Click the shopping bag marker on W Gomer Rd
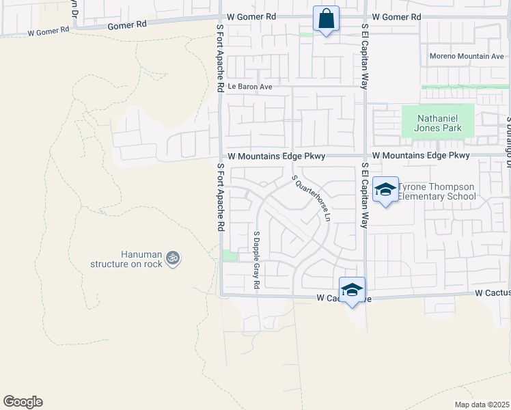click(326, 18)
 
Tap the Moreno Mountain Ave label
click(467, 56)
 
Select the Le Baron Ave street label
click(250, 87)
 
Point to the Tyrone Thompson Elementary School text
click(437, 192)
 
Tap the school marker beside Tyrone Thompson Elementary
click(385, 190)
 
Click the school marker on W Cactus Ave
click(352, 290)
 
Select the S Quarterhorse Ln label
click(312, 198)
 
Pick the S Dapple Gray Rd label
click(257, 260)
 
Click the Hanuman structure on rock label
click(127, 259)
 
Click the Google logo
click(23, 402)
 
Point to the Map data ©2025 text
click(482, 405)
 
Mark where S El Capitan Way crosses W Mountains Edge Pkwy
click(365, 156)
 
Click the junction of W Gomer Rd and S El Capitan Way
click(365, 17)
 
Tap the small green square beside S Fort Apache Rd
click(230, 256)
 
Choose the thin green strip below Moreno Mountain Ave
click(465, 87)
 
